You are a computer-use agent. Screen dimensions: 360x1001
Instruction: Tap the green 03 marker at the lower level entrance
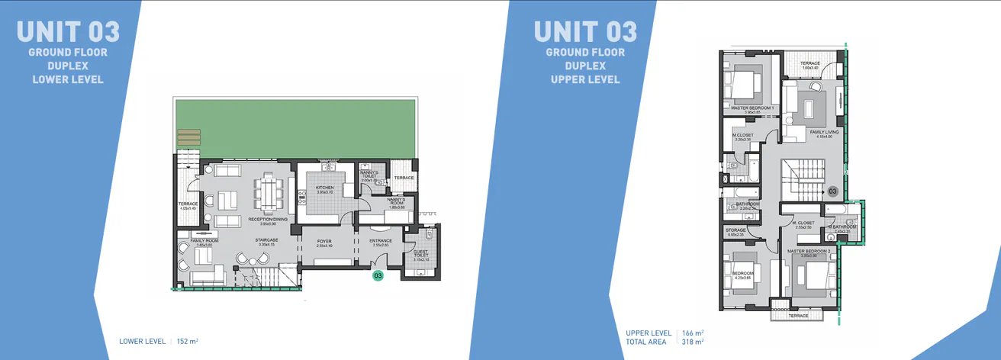378,276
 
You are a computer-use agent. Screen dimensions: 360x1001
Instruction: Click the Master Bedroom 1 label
752,108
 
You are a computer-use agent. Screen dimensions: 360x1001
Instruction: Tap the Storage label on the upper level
735,230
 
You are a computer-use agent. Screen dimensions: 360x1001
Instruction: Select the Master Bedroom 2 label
809,251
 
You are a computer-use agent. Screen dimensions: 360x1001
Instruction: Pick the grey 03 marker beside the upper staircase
833,191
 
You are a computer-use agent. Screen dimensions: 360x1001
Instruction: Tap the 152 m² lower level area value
187,341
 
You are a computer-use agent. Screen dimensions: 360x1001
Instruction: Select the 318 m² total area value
693,342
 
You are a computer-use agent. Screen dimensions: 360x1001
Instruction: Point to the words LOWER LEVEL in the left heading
67,79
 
